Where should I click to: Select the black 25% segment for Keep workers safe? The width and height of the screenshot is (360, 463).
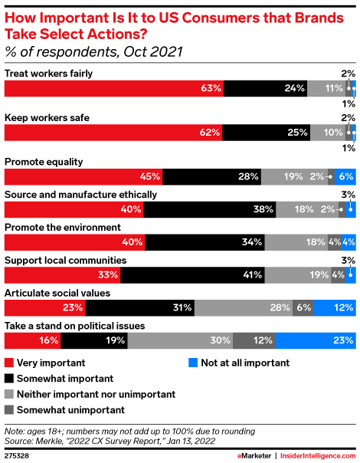pos(265,132)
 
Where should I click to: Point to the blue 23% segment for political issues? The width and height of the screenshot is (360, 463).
pos(316,341)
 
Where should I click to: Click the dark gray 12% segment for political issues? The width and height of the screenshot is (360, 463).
pos(254,341)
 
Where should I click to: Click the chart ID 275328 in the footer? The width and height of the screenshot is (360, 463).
pos(18,454)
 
